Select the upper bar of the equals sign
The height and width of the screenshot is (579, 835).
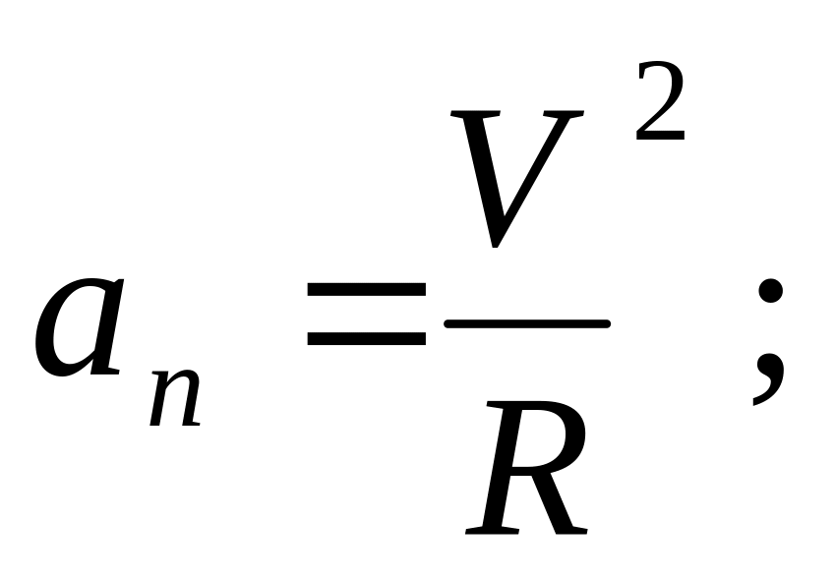(x=366, y=293)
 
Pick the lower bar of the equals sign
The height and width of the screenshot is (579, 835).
(x=366, y=338)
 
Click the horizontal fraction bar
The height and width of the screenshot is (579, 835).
(x=527, y=322)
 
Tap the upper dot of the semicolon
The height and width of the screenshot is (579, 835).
(x=770, y=293)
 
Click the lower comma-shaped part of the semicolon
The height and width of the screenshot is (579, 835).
(x=767, y=378)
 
